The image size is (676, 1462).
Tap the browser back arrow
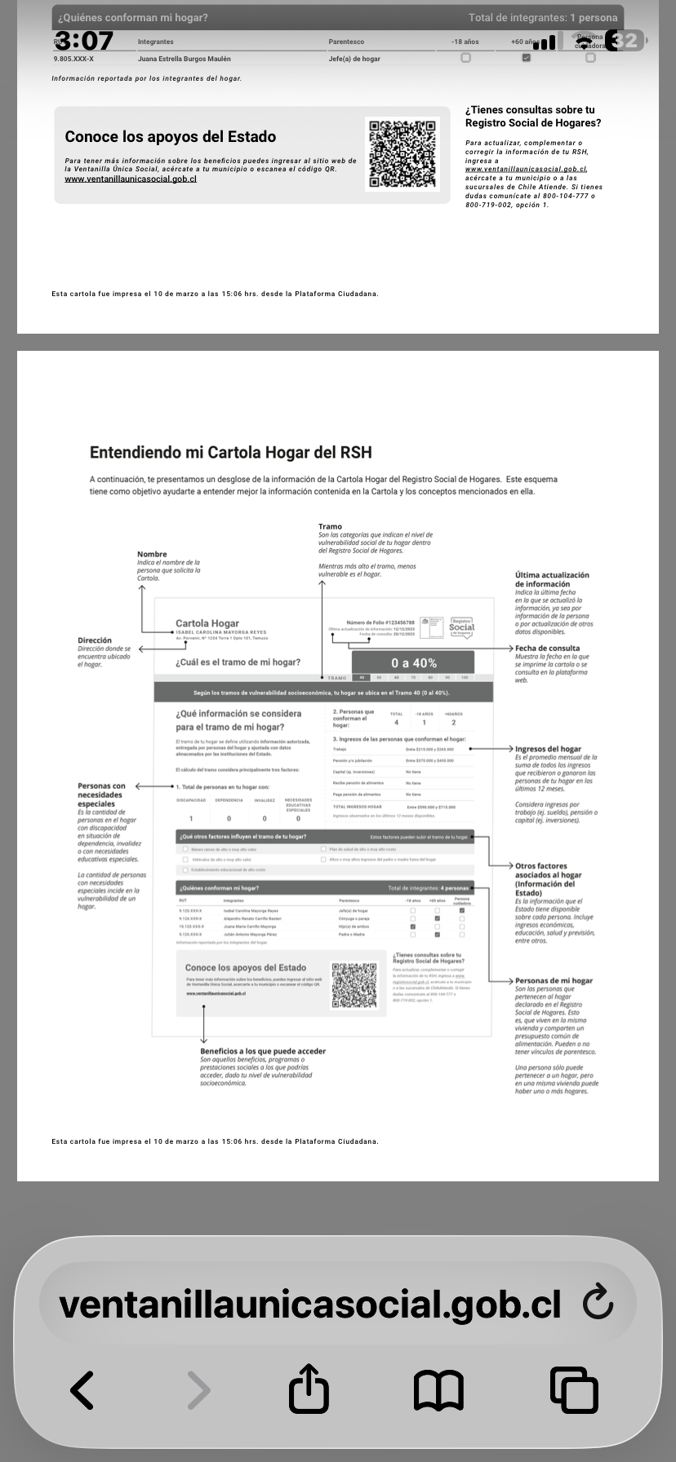click(82, 1389)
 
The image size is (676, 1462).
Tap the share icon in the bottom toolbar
click(309, 1389)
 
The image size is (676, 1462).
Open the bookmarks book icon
click(438, 1389)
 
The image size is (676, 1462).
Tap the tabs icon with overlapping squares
click(574, 1389)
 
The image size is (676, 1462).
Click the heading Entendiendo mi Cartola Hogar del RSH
click(231, 452)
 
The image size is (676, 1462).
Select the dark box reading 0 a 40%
click(413, 663)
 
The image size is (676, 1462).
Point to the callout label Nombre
click(152, 554)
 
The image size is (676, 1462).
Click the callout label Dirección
click(95, 640)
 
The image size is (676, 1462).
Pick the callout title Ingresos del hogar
click(548, 748)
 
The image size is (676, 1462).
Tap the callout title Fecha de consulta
click(547, 649)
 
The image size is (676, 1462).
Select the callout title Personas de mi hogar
click(554, 981)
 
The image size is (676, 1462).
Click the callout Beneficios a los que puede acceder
click(263, 1051)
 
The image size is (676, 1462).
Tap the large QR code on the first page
click(402, 154)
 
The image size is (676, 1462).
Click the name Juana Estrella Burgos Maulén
click(185, 59)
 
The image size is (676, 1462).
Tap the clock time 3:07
click(84, 40)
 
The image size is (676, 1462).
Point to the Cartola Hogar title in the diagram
click(207, 623)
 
